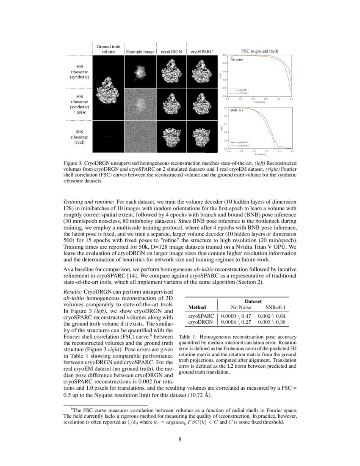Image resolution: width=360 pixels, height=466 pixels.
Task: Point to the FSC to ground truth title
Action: (260, 51)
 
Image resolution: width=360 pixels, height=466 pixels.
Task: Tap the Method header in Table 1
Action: (197, 307)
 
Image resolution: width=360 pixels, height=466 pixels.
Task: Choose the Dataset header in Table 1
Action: (252, 300)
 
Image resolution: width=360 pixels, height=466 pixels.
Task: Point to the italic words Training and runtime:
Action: (89, 202)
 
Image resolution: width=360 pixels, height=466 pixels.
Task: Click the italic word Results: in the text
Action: (73, 292)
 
